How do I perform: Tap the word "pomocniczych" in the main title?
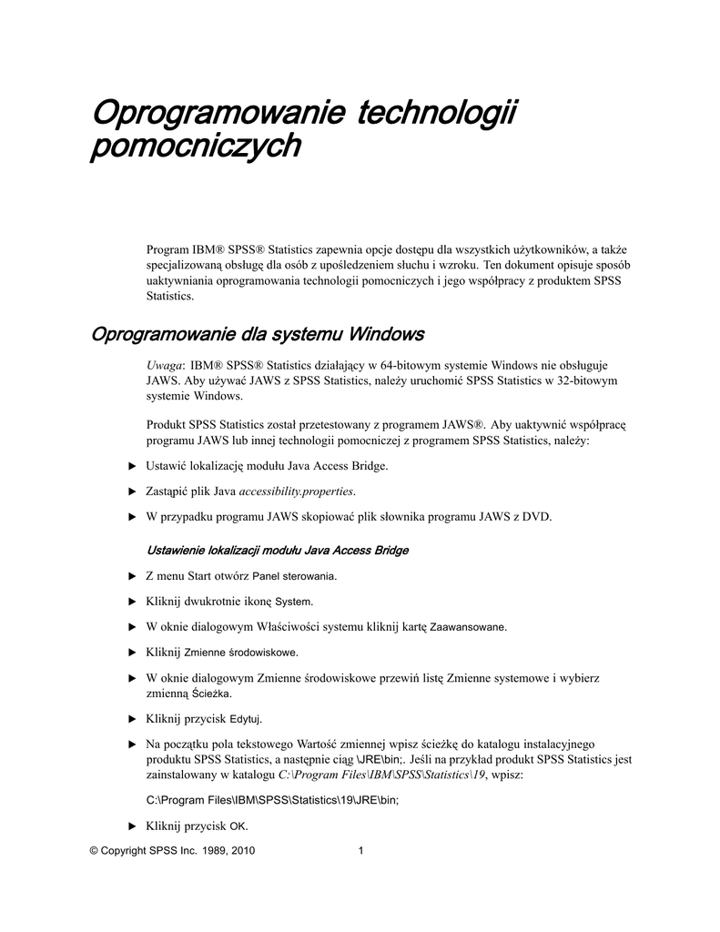pyautogui.click(x=195, y=147)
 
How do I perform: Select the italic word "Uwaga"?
pyautogui.click(x=164, y=362)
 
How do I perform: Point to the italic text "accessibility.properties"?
pyautogui.click(x=296, y=491)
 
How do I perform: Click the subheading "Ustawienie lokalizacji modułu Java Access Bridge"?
pyautogui.click(x=278, y=551)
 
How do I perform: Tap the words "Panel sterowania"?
pyautogui.click(x=294, y=576)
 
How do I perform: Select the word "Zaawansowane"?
pyautogui.click(x=468, y=627)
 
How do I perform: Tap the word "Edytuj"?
pyautogui.click(x=246, y=719)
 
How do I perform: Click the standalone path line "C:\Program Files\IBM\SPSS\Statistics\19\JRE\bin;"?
pyautogui.click(x=273, y=800)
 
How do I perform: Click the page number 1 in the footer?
pyautogui.click(x=361, y=852)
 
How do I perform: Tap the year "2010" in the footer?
pyautogui.click(x=243, y=852)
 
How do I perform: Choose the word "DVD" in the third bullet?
pyautogui.click(x=537, y=517)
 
